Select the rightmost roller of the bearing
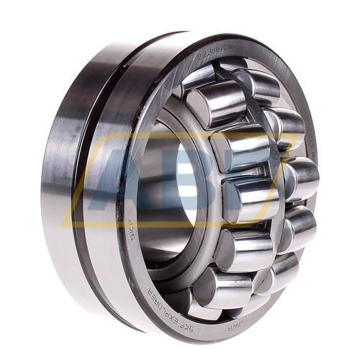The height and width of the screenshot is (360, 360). (300, 178)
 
